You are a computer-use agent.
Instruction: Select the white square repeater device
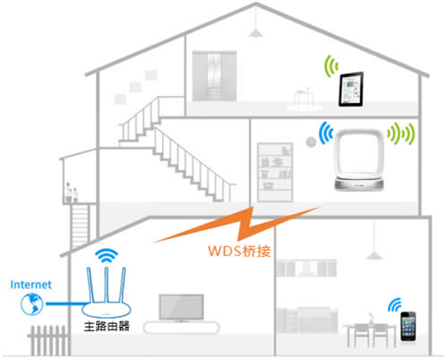click(x=362, y=159)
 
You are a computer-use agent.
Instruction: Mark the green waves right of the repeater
click(x=408, y=134)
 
